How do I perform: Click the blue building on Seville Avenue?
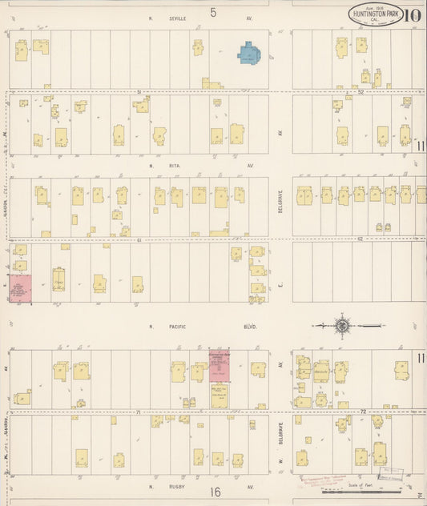coord(249,54)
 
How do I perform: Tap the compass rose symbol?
coord(343,326)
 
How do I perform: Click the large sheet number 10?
coord(414,14)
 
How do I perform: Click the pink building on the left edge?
coord(20,287)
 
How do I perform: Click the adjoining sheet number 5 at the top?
coord(213,12)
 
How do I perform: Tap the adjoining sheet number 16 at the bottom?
coord(215,492)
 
